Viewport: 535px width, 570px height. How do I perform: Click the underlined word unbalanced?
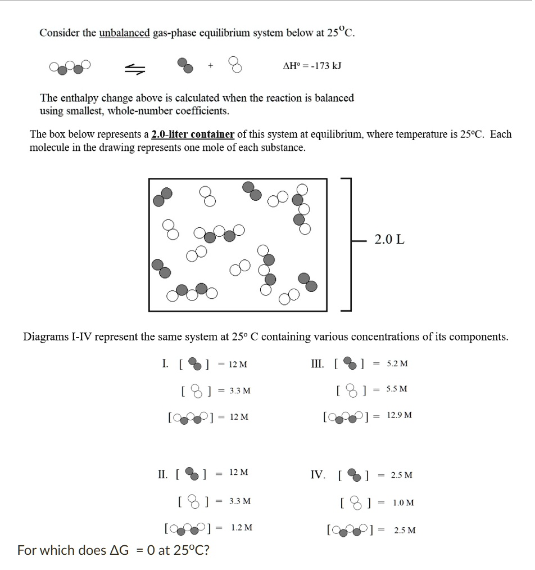[125, 33]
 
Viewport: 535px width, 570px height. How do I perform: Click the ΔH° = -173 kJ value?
[312, 66]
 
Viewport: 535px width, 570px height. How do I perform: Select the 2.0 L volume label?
[389, 240]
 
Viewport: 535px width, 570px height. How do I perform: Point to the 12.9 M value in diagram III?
[400, 415]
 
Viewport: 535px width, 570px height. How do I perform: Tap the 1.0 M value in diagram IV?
[403, 502]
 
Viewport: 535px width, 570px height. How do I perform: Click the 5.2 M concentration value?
[397, 363]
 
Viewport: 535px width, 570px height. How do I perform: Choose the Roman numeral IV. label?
[318, 475]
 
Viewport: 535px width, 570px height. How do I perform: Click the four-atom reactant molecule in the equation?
[70, 67]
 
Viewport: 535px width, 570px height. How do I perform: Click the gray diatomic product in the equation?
[185, 65]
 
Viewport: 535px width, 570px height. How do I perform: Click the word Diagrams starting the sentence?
[46, 337]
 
